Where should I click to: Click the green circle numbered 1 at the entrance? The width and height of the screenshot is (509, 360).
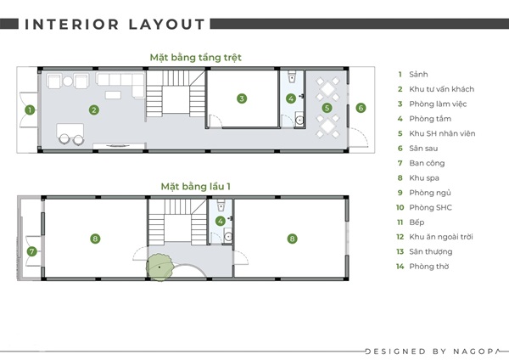[x=30, y=110]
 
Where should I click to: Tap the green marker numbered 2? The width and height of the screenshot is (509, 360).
[x=94, y=110]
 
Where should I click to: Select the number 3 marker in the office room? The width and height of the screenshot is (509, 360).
[x=242, y=98]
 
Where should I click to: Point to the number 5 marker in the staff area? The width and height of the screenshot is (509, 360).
[x=327, y=108]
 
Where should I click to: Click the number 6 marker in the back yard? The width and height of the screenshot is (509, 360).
[x=361, y=108]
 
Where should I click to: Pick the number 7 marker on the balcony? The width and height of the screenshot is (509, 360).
[x=32, y=251]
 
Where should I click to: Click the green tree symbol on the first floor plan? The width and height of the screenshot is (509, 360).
[x=159, y=267]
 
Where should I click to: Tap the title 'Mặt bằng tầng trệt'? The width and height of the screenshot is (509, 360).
[x=195, y=58]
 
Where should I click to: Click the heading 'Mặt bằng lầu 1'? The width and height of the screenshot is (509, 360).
[x=195, y=187]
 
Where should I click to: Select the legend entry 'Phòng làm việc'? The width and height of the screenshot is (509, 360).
[x=438, y=104]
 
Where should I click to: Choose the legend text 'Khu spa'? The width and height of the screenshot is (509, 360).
[x=424, y=178]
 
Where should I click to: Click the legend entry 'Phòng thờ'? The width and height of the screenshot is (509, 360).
[x=428, y=267]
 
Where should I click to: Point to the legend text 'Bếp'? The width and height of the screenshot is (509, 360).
[x=417, y=222]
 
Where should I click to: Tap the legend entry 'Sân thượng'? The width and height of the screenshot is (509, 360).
[x=430, y=252]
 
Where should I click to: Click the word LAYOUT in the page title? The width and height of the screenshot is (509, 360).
[x=166, y=25]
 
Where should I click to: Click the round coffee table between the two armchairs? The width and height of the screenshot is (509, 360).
[x=68, y=82]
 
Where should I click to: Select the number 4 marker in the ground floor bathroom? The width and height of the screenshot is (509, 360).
[x=291, y=98]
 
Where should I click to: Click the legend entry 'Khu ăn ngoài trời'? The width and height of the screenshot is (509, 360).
[x=441, y=237]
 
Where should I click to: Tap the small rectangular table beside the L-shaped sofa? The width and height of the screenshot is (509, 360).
[x=113, y=95]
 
